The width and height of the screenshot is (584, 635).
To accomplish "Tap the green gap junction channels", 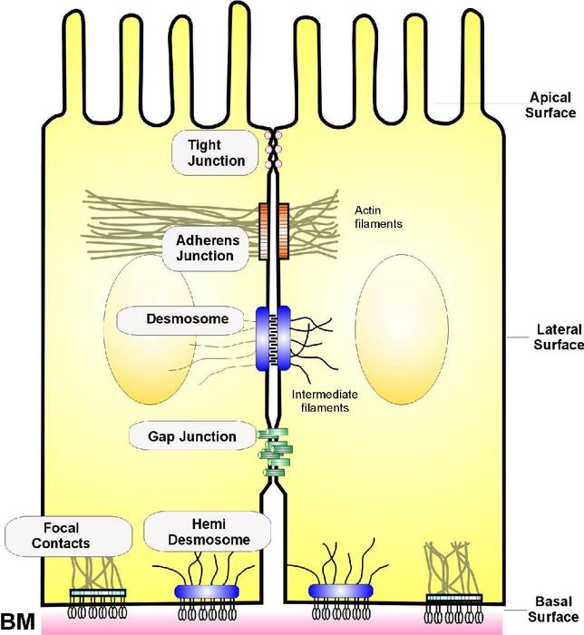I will tap(273, 454).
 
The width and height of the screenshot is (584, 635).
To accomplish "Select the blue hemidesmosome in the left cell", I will tap(207, 591).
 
